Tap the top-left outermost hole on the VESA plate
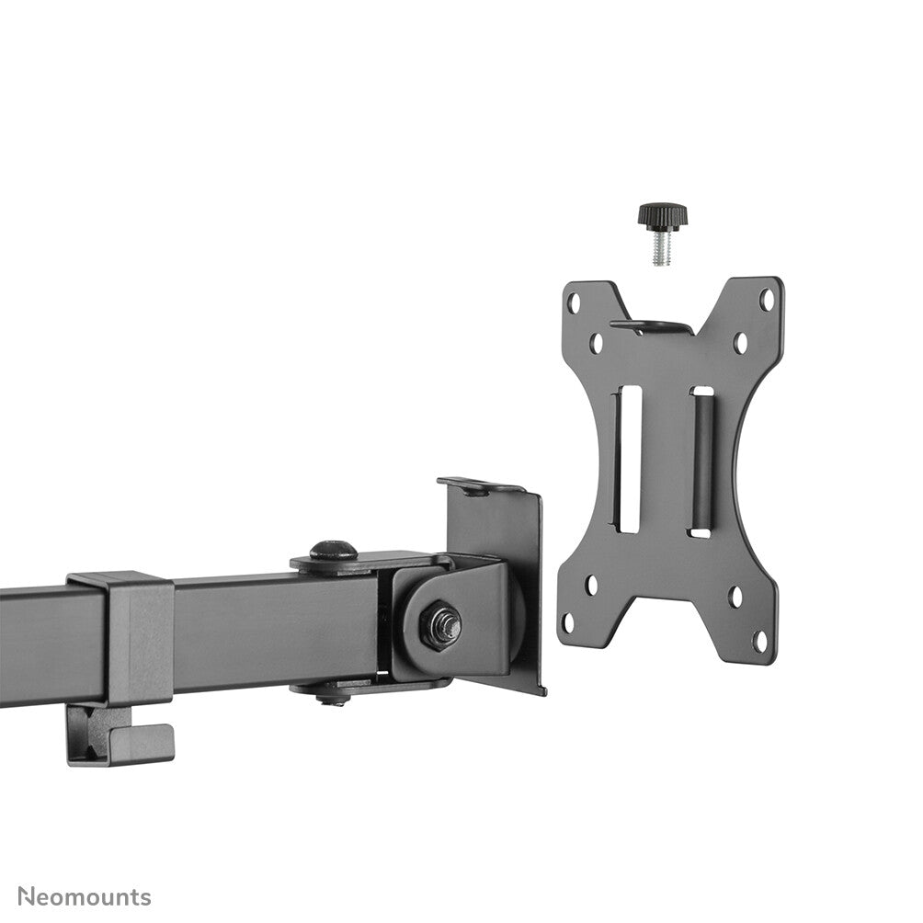(x=574, y=301)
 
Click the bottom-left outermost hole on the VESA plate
(x=569, y=621)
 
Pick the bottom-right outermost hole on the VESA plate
(x=761, y=639)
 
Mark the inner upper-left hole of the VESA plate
(x=596, y=343)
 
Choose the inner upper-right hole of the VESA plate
(x=740, y=343)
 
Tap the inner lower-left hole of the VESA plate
(x=591, y=585)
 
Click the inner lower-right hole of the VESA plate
(x=735, y=597)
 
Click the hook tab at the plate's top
(x=651, y=326)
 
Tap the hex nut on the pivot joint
(x=440, y=625)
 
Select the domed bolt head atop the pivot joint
(x=333, y=552)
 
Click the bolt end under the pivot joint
(x=334, y=699)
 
